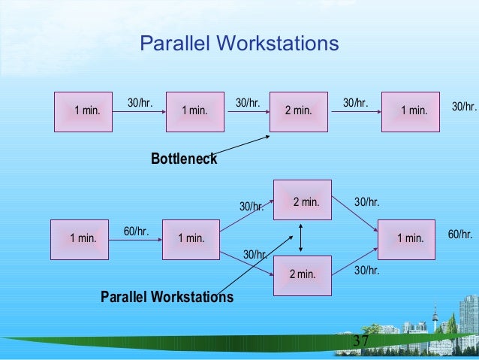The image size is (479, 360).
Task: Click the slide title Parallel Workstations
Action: point(239,44)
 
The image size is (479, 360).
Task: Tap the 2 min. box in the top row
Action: point(298,111)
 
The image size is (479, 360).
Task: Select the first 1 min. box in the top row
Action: point(83,111)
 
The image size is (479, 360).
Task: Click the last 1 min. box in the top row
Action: point(411,111)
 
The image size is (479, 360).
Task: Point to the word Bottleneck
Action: point(183,159)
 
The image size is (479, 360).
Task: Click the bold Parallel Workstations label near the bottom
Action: point(167,298)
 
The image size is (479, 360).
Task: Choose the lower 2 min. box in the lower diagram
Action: point(303,274)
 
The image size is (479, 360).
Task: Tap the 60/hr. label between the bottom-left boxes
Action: point(136,231)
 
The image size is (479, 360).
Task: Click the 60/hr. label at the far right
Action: point(460,234)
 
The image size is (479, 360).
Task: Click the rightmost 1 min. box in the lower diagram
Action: point(406,239)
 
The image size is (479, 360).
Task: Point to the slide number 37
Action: point(360,343)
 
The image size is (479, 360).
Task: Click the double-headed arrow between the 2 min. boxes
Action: point(301,237)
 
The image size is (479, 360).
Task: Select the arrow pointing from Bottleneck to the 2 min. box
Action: point(240,146)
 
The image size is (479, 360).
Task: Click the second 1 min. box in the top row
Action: point(194,111)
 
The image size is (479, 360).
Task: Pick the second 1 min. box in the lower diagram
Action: point(191,239)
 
